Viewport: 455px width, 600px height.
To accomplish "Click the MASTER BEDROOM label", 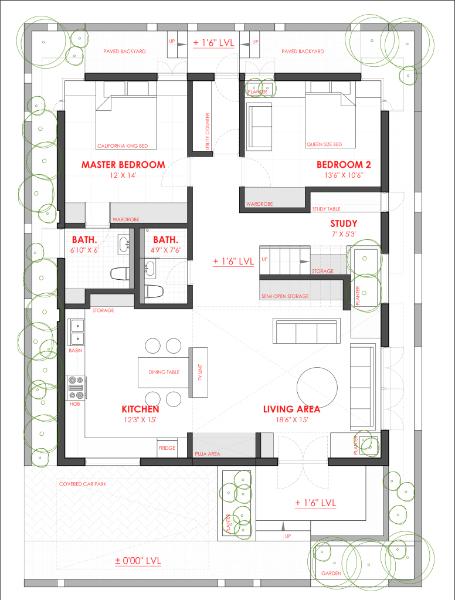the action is click(x=123, y=165).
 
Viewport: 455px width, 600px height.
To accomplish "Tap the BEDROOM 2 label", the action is click(x=344, y=165).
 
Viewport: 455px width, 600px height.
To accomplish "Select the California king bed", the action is click(x=126, y=121).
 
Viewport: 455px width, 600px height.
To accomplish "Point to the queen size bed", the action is click(x=330, y=120).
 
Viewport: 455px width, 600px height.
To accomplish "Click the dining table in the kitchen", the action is click(x=164, y=372).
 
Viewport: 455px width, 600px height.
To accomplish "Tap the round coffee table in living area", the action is click(x=317, y=387).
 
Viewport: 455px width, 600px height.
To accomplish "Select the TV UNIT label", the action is click(x=200, y=372).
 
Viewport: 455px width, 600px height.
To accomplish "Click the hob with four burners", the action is click(x=76, y=388).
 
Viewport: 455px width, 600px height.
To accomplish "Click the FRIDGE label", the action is click(x=167, y=448).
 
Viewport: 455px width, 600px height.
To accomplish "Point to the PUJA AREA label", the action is click(x=208, y=454).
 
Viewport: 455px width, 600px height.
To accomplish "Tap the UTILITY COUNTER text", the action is click(x=208, y=131).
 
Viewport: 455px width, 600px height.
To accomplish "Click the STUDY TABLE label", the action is click(x=326, y=209).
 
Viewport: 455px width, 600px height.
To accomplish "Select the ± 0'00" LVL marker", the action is click(x=138, y=561).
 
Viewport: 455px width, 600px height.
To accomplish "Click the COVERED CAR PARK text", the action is click(x=83, y=484).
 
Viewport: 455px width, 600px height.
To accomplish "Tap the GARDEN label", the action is click(x=331, y=573).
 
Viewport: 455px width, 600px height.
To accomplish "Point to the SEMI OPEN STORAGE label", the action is click(x=285, y=296).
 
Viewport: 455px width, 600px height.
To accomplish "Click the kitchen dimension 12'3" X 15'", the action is click(x=140, y=420).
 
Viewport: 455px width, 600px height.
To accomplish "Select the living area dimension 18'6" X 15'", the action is click(x=292, y=420).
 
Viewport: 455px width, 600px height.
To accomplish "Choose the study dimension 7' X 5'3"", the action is click(x=344, y=234).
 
